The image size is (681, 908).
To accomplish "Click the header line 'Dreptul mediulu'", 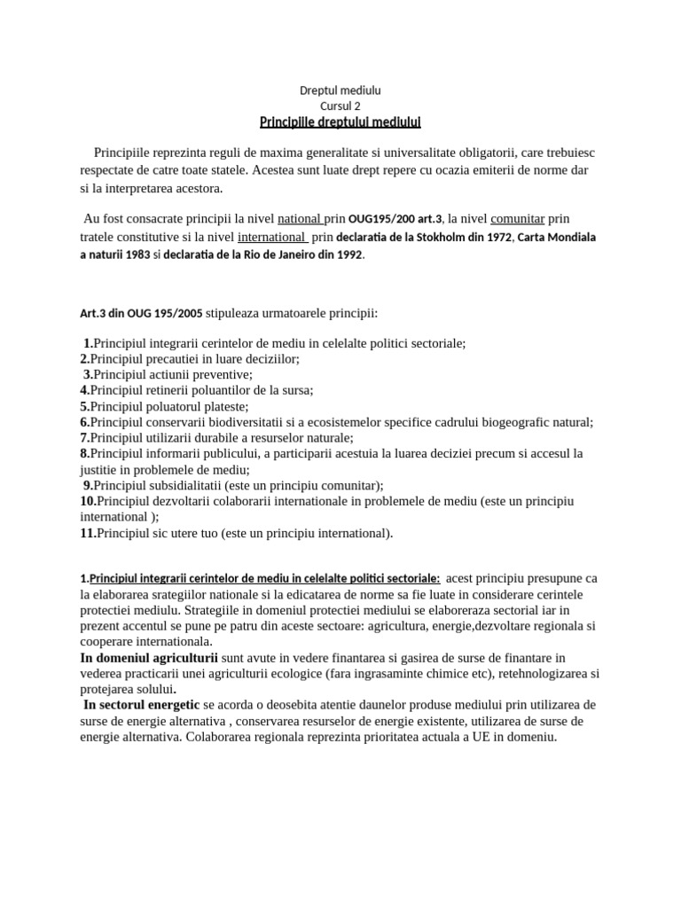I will pyautogui.click(x=340, y=90).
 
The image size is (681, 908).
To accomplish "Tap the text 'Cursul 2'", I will pyautogui.click(x=340, y=106).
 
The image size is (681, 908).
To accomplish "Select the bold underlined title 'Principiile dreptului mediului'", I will pyautogui.click(x=340, y=121).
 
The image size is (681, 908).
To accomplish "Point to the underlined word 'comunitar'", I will pyautogui.click(x=517, y=218).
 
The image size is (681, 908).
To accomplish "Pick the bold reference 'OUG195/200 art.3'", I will pyautogui.click(x=395, y=219).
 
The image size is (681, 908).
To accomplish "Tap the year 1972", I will pyautogui.click(x=498, y=238).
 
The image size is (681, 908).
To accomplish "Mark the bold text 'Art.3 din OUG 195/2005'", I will pyautogui.click(x=141, y=313).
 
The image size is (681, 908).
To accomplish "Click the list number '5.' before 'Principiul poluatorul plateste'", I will pyautogui.click(x=85, y=406).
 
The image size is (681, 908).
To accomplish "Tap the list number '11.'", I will pyautogui.click(x=88, y=533).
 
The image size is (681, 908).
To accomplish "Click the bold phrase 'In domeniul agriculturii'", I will pyautogui.click(x=149, y=657).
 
